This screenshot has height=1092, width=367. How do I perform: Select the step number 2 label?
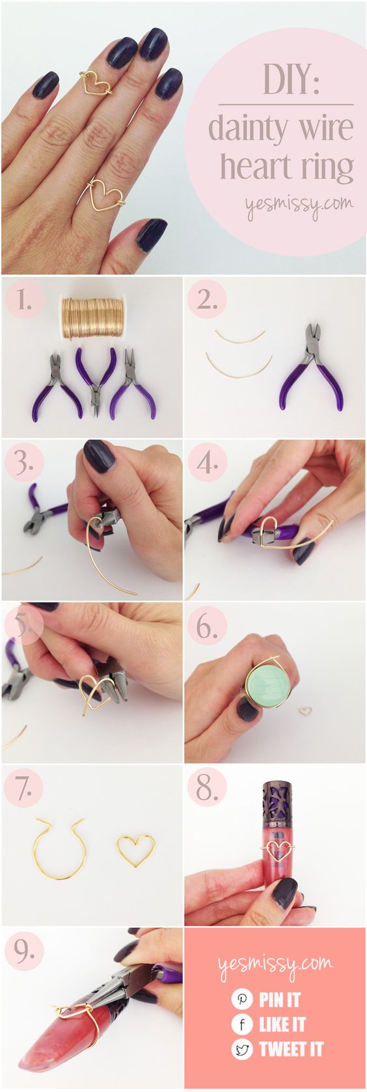point(207,300)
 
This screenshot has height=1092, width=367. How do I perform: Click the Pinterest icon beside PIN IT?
point(242,999)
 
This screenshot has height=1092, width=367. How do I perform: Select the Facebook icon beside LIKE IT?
point(242,1024)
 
